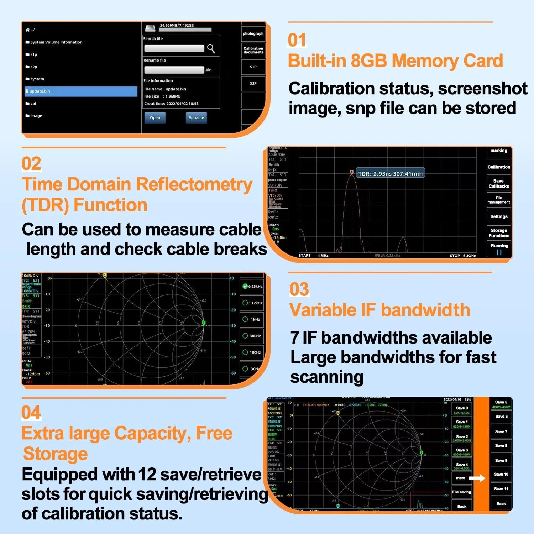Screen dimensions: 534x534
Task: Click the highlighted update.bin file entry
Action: pos(81,91)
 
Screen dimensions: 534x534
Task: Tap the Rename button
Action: pos(196,118)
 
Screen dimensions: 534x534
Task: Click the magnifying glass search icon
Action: pos(211,48)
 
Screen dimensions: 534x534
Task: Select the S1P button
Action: pos(253,67)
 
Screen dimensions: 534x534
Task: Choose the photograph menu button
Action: pos(253,34)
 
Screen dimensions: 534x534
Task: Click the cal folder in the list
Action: pos(33,104)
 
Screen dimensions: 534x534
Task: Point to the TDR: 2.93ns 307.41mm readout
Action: pos(390,174)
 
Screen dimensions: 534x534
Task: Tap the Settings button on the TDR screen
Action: pos(499,216)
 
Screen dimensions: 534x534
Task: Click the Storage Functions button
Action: pos(499,233)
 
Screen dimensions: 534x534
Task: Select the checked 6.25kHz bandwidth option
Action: pos(252,287)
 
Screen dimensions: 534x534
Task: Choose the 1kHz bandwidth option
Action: pos(252,319)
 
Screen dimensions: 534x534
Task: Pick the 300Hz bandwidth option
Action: pos(252,336)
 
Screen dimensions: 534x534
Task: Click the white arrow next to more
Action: pos(477,478)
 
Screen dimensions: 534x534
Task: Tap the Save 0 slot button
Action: pos(462,410)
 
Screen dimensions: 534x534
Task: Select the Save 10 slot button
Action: pos(501,474)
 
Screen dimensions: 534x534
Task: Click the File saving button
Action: pos(462,492)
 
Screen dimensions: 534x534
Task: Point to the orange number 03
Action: pos(299,289)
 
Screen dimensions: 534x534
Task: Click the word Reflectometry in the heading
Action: pos(194,185)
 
